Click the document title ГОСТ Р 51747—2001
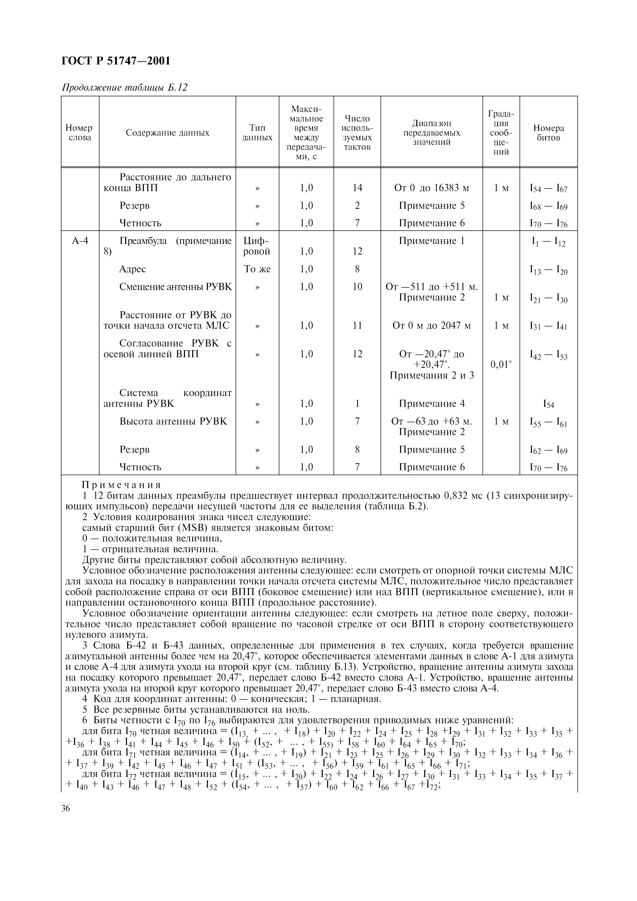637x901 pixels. point(116,61)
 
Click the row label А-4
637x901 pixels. point(80,241)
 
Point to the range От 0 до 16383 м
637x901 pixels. point(431,188)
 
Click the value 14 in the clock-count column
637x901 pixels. point(357,188)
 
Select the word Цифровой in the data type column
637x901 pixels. point(257,246)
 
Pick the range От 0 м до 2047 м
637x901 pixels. point(431,326)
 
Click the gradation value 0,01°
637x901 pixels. point(501,365)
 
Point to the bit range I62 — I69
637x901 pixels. point(548,450)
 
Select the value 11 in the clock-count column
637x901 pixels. point(357,326)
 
